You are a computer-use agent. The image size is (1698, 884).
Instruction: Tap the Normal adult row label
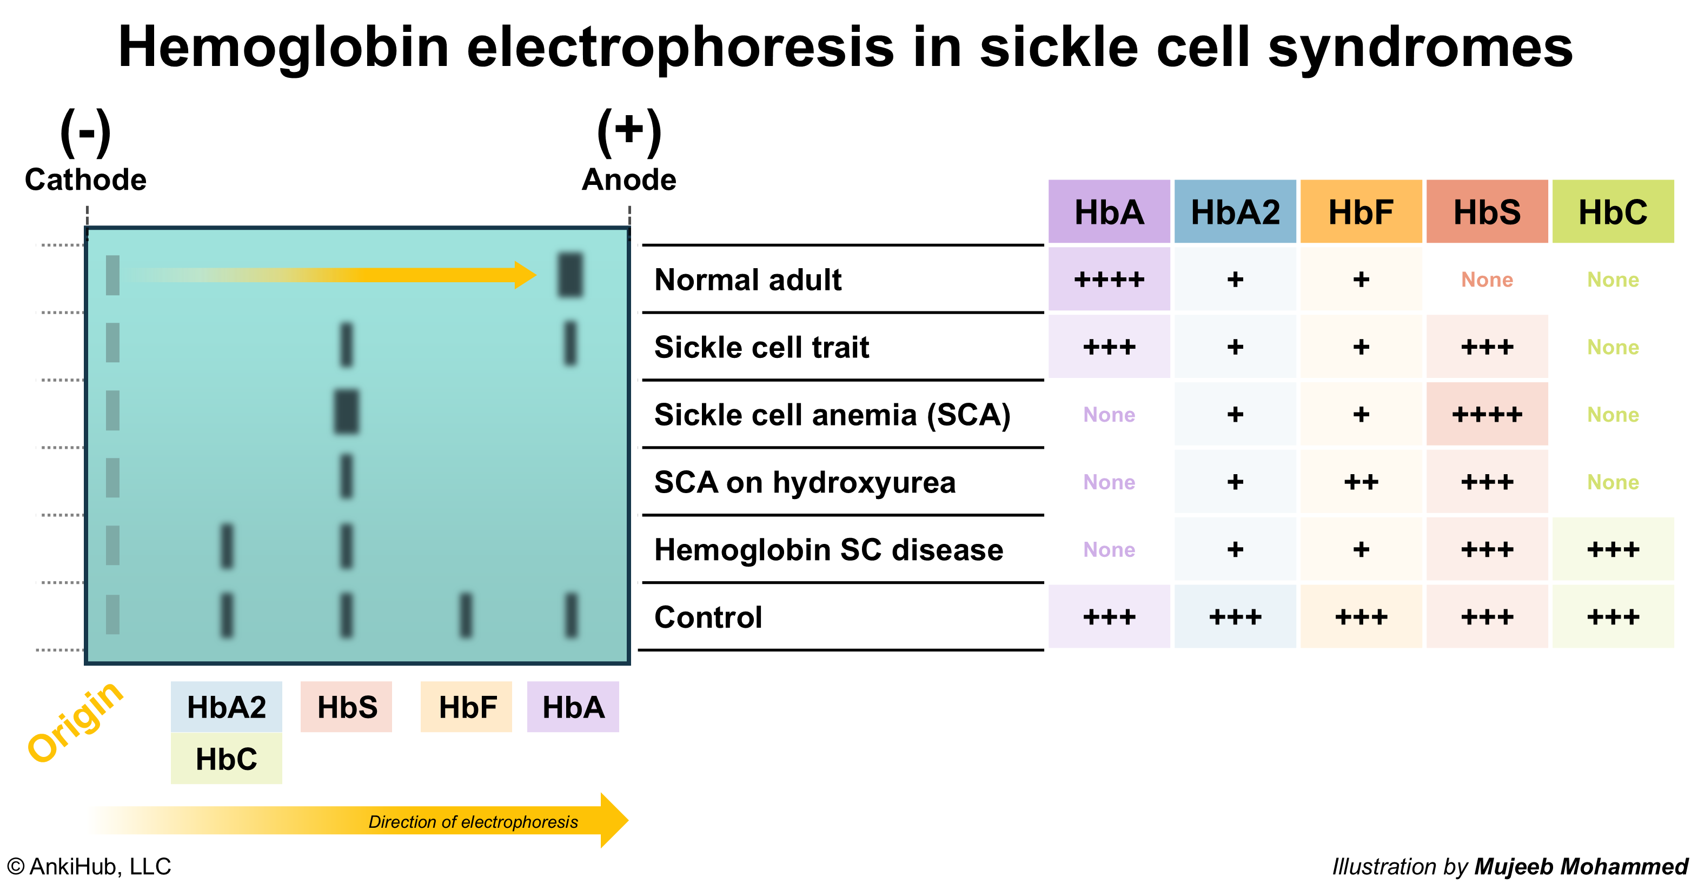click(x=747, y=280)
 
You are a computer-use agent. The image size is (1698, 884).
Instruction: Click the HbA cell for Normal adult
click(x=1109, y=280)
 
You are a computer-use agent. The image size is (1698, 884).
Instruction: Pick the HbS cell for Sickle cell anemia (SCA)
click(x=1487, y=415)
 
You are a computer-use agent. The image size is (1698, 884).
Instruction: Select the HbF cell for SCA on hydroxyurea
click(x=1361, y=482)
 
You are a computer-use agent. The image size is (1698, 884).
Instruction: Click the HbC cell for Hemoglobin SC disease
click(x=1613, y=550)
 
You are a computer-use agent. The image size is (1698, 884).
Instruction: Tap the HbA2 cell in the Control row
click(x=1235, y=617)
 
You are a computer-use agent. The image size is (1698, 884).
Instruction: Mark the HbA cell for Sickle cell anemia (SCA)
click(x=1109, y=415)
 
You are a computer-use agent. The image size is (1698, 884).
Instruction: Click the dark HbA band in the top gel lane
click(x=570, y=274)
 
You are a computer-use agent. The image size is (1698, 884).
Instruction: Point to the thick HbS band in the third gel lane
click(x=347, y=411)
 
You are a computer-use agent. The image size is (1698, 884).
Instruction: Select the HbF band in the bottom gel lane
click(x=466, y=615)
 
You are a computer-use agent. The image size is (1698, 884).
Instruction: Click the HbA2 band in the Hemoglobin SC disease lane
click(x=227, y=546)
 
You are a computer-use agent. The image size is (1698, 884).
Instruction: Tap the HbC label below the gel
click(x=226, y=759)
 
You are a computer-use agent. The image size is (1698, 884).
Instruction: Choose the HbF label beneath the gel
click(x=467, y=707)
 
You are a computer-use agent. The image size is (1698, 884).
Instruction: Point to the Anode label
click(x=629, y=180)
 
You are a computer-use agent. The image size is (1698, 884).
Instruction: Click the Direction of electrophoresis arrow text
click(x=473, y=821)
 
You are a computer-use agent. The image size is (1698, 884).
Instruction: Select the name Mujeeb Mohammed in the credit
click(x=1581, y=866)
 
